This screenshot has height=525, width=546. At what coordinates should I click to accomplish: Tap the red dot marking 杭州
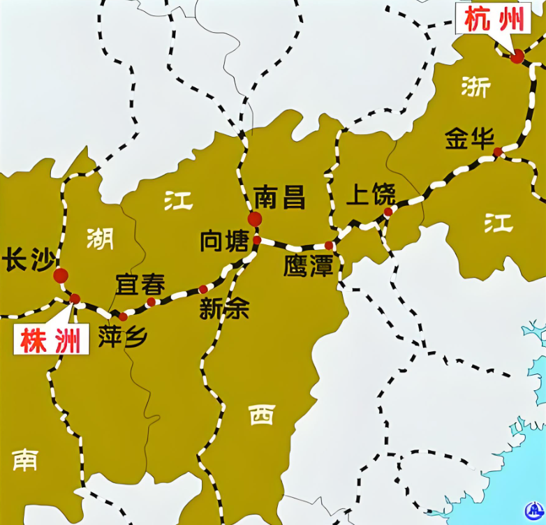point(517,57)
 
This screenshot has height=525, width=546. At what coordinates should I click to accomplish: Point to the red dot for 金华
point(498,152)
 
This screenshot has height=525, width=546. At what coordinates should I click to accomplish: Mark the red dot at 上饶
point(388,212)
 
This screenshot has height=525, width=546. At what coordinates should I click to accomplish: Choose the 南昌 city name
point(279,198)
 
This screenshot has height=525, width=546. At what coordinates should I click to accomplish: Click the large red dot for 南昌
point(255,219)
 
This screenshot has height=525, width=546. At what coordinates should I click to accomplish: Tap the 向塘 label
point(224,242)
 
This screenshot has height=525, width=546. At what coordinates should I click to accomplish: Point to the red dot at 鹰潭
point(329,245)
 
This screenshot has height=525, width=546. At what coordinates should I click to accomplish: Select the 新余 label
point(224,309)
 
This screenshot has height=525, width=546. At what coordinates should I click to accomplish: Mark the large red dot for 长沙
point(61,276)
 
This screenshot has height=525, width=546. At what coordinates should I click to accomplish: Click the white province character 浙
point(476,87)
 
